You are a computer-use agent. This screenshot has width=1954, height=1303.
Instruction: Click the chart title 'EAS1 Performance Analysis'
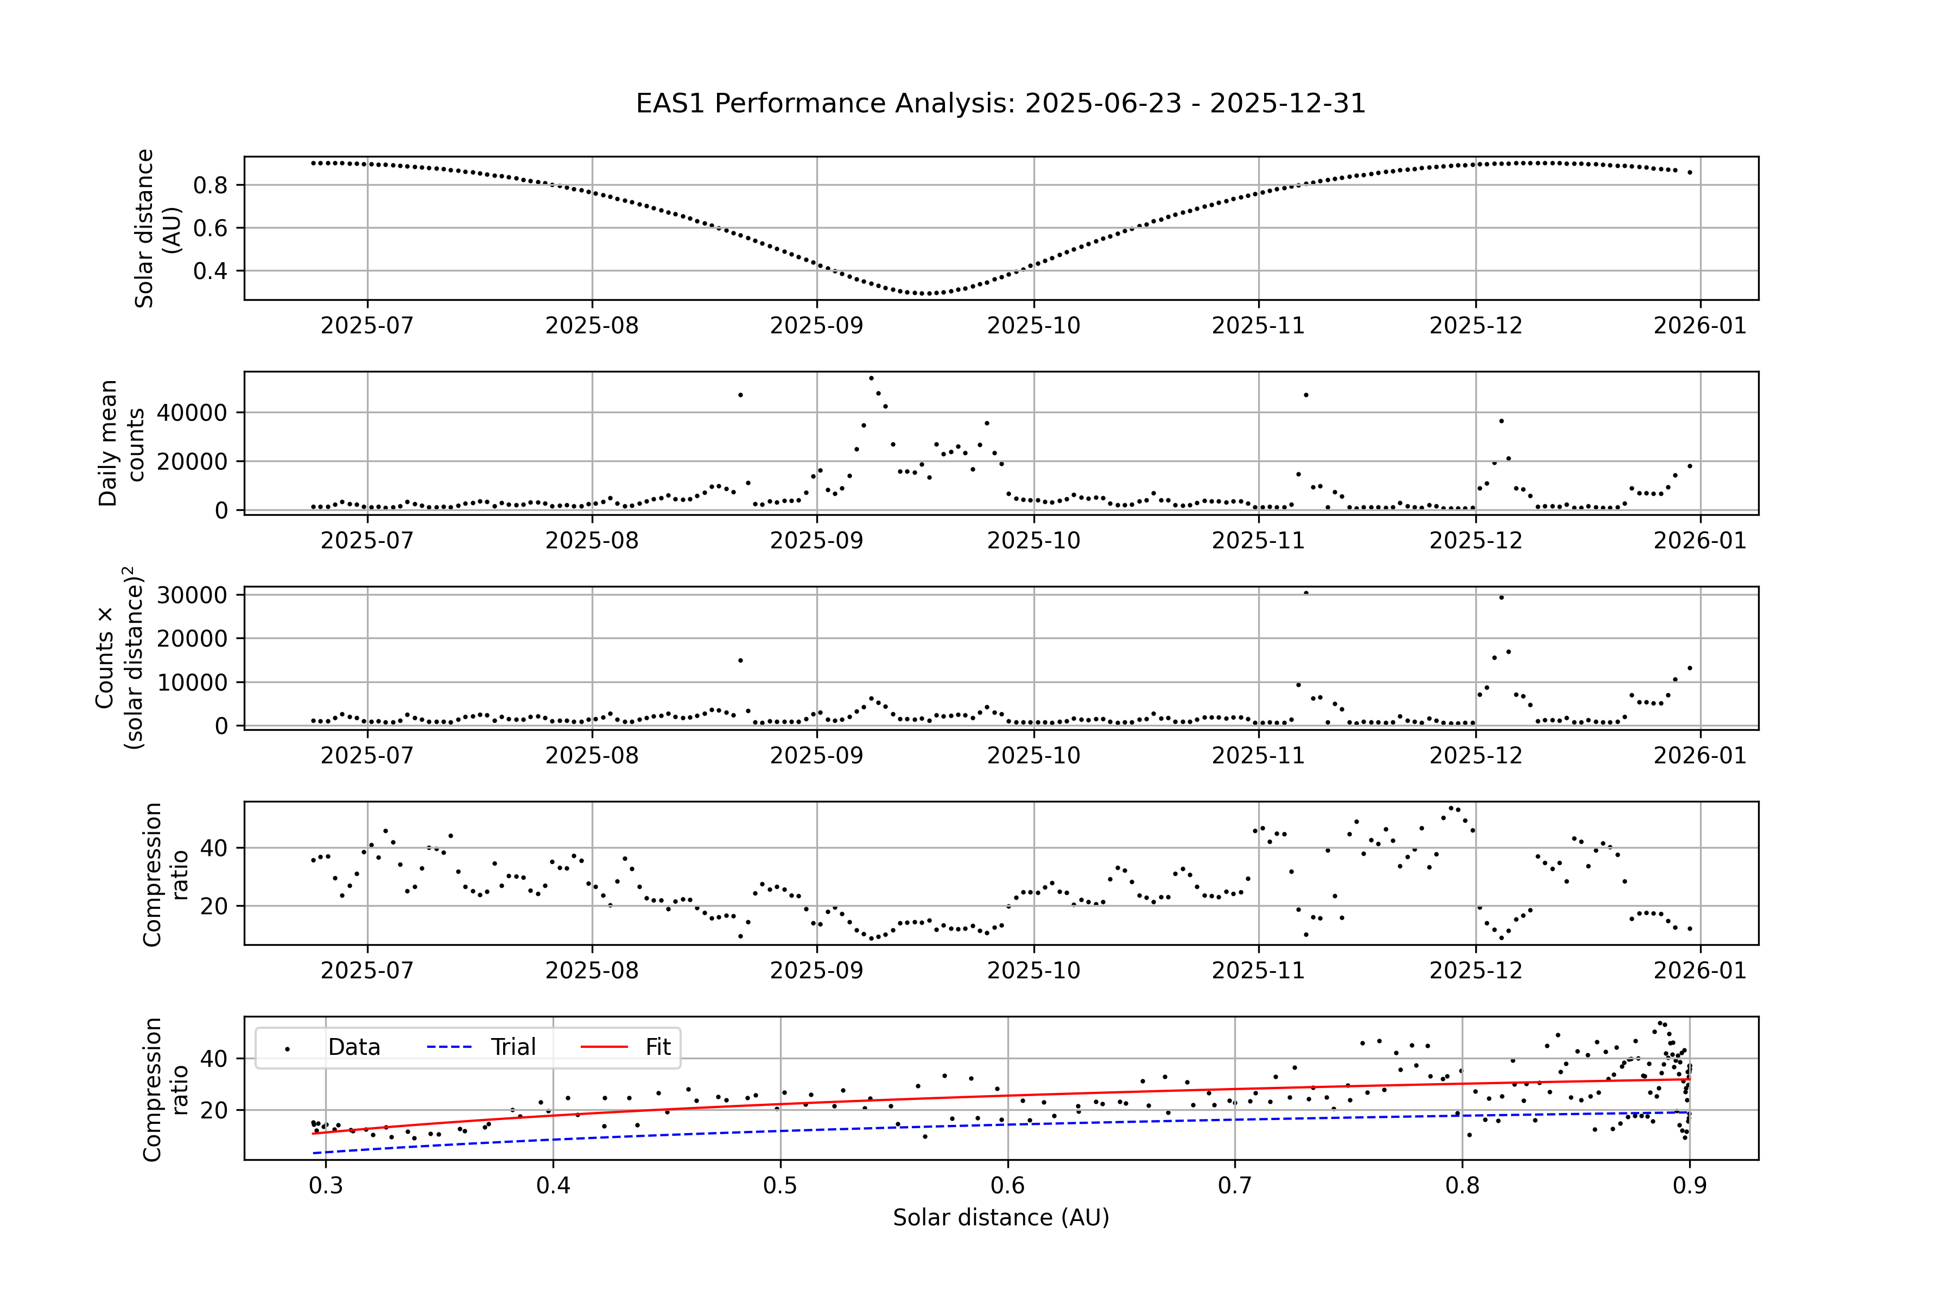point(1000,104)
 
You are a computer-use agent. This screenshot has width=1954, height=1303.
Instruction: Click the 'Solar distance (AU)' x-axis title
point(1000,1217)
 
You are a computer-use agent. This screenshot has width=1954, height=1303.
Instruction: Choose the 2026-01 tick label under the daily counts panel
point(1700,541)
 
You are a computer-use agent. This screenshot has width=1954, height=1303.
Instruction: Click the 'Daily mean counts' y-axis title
point(121,443)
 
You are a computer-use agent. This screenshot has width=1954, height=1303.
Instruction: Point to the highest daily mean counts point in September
point(871,378)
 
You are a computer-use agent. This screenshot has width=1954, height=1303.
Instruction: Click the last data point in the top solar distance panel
point(1689,173)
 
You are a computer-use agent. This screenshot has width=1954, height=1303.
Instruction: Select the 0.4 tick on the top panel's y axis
point(210,271)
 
